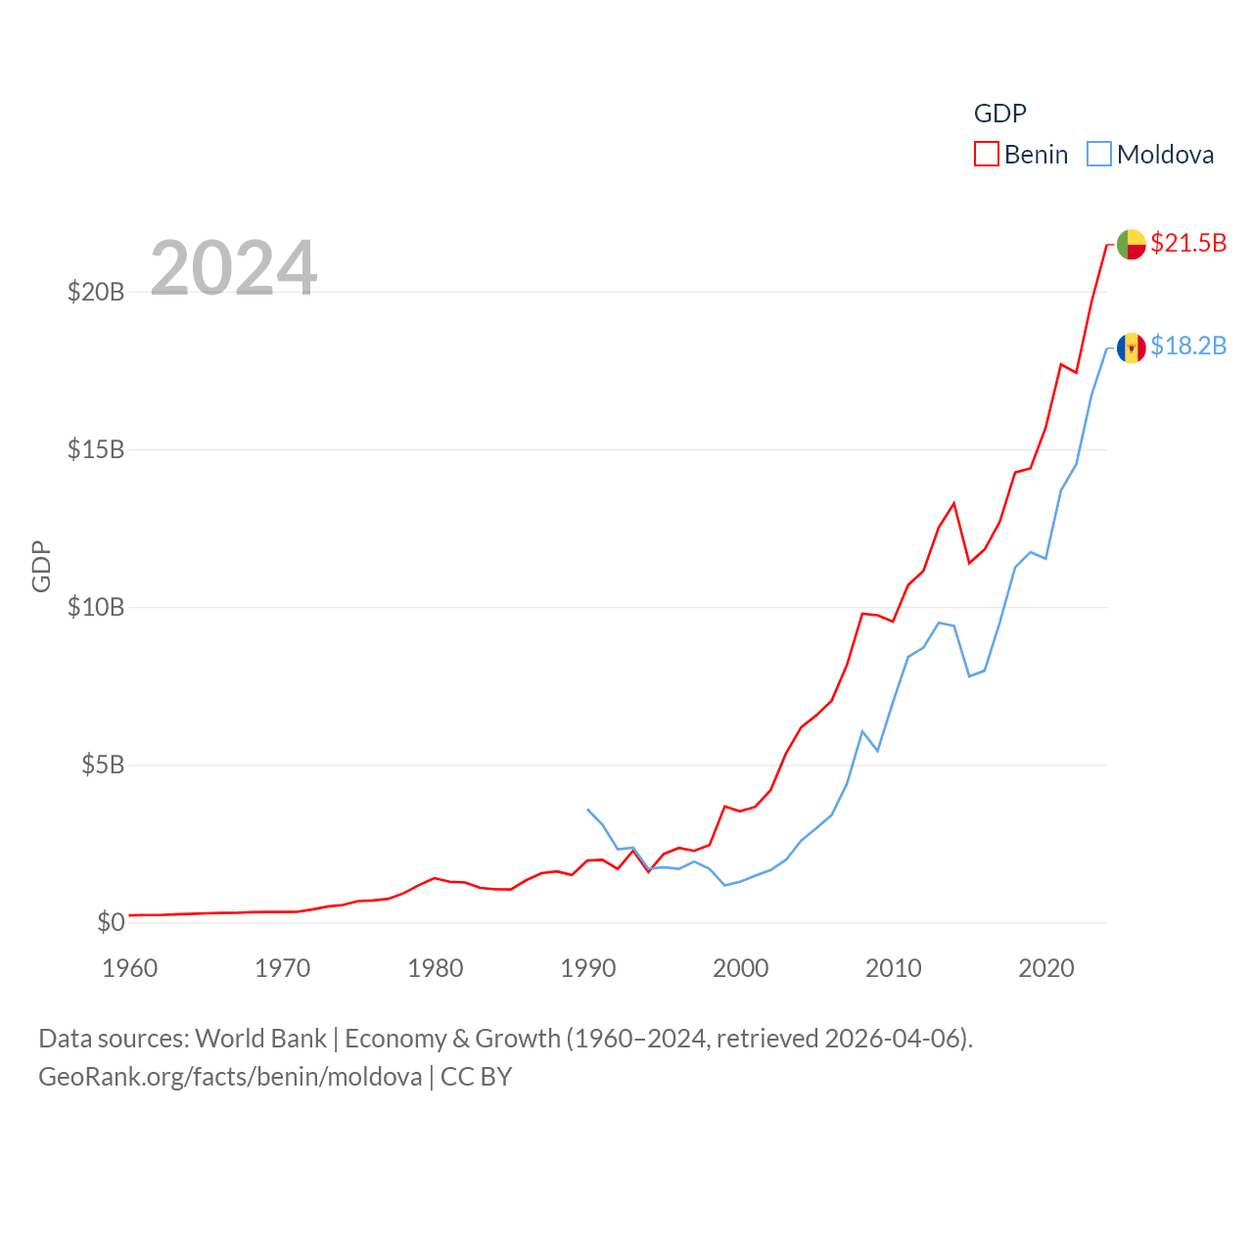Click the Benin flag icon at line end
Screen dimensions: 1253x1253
pos(1131,244)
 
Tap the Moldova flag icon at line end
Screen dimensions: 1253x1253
pos(1131,348)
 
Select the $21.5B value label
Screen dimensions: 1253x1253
pos(1188,243)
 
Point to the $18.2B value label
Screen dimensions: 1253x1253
pos(1188,346)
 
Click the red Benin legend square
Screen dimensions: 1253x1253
pos(987,155)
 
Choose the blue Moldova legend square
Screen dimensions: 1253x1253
pos(1099,155)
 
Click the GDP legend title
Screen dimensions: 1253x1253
pos(999,114)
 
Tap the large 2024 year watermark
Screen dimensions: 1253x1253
pos(234,267)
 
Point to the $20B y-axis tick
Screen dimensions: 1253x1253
pos(96,292)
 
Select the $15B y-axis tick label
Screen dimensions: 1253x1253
pos(96,449)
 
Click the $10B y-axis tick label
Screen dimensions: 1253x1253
pos(96,607)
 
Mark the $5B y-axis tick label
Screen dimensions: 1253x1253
pos(103,765)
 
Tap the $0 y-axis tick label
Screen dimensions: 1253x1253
pos(111,922)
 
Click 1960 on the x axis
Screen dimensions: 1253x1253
pos(130,968)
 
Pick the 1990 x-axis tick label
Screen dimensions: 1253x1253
pos(588,968)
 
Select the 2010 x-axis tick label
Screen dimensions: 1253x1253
pos(894,968)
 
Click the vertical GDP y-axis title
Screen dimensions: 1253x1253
pos(41,566)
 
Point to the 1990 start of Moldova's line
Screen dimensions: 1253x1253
pos(587,810)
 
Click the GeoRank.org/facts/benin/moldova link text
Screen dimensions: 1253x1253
pos(230,1077)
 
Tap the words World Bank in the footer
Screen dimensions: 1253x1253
pos(260,1038)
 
